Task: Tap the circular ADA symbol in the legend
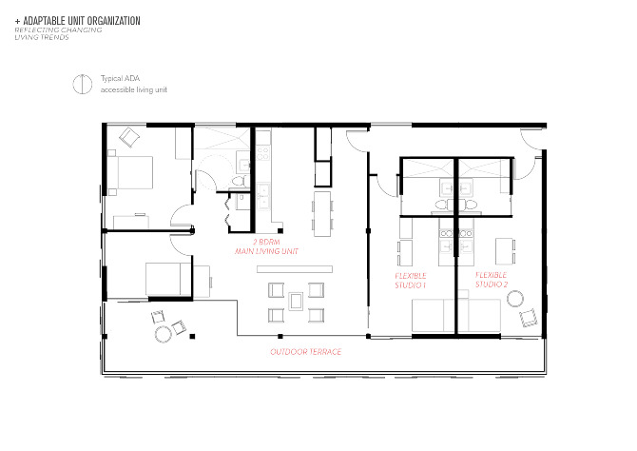(x=82, y=84)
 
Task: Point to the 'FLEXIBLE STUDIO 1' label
(x=410, y=280)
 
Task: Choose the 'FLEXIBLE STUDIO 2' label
(x=492, y=280)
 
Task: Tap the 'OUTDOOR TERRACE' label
(x=305, y=352)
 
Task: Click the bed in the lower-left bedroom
(x=167, y=280)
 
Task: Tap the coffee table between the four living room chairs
(x=297, y=302)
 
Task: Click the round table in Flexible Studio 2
(x=516, y=300)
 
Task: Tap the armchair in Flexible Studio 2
(x=526, y=318)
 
